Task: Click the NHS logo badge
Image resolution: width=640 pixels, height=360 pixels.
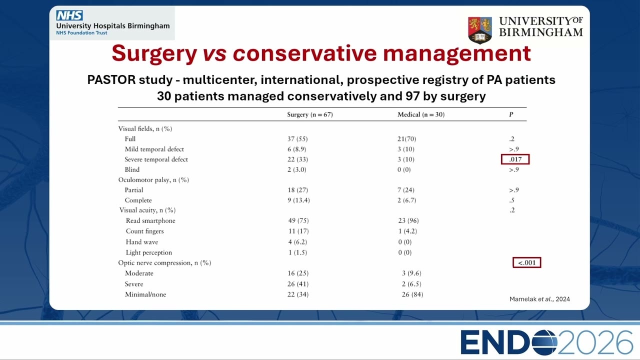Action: point(69,15)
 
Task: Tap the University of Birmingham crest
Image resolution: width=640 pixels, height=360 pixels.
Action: point(480,30)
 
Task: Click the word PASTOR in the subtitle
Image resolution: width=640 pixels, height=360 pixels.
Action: point(111,79)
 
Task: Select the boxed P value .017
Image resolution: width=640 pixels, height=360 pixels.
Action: point(515,159)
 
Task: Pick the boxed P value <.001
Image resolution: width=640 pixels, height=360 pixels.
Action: point(527,262)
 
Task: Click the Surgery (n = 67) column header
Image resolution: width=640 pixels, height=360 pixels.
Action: point(310,114)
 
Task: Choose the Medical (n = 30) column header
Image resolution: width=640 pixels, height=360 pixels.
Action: point(421,114)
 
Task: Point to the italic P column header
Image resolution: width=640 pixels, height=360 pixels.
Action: point(511,114)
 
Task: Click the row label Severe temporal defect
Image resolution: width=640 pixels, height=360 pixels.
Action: point(156,159)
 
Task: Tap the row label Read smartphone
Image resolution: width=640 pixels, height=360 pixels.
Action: point(150,221)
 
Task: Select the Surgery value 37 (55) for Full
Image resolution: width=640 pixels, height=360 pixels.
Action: point(297,139)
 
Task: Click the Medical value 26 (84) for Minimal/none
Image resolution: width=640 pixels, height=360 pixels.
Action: point(412,294)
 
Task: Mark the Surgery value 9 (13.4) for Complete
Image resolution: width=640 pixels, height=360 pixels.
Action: point(298,200)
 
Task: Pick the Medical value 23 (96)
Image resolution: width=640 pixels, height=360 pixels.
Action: point(408,220)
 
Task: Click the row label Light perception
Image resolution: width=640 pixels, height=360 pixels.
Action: point(149,252)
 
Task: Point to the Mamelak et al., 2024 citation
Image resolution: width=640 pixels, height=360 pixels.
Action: point(539,299)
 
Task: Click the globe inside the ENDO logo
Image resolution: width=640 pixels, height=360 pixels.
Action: point(543,342)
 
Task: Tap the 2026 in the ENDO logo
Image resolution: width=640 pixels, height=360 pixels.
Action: point(595,342)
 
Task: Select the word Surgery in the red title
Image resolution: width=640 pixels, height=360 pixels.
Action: point(154,53)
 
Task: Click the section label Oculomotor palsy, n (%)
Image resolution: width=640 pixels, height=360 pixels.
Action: point(153,180)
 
